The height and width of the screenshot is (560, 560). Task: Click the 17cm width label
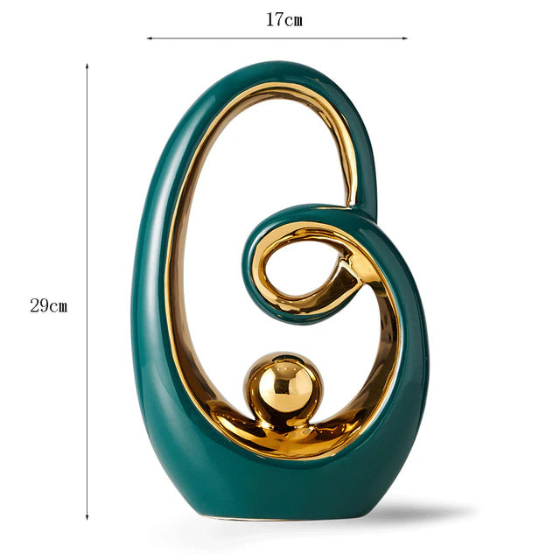(x=284, y=19)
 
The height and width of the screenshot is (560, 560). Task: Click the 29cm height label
(x=48, y=306)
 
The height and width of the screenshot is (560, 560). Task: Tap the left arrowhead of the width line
(x=149, y=38)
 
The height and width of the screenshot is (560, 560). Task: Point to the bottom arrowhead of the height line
(x=87, y=518)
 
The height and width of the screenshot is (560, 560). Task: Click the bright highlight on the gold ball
(x=273, y=374)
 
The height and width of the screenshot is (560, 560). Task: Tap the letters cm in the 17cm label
(x=293, y=19)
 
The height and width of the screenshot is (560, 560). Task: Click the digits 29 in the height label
(x=39, y=306)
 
